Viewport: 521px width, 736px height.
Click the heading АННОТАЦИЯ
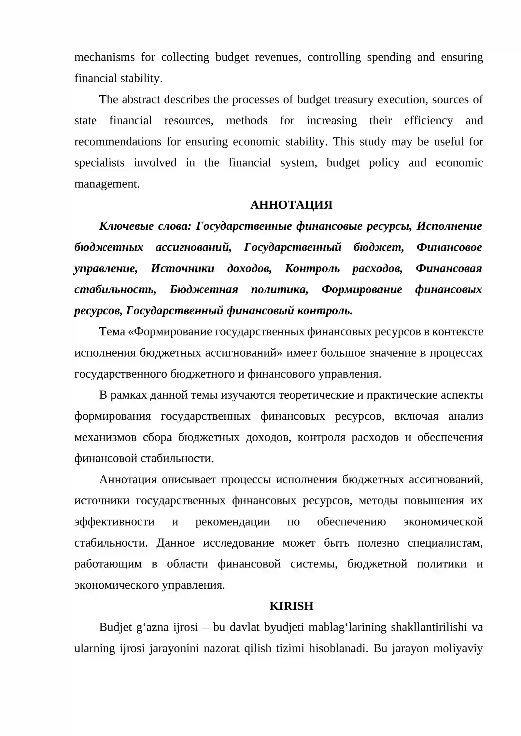[291, 205]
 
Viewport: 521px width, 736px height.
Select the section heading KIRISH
[291, 606]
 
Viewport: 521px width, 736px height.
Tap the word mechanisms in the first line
[104, 57]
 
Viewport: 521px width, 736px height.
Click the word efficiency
[428, 121]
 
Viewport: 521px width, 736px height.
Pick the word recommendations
[118, 142]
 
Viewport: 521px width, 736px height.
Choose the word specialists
[99, 163]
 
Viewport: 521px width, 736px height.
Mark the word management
[107, 184]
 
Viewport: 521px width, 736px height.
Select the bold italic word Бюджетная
[204, 290]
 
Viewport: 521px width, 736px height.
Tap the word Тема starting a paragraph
[112, 332]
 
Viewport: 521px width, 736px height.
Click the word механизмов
[105, 437]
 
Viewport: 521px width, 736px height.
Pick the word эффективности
[114, 522]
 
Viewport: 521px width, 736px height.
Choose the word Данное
[176, 543]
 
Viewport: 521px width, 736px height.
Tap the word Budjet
[115, 627]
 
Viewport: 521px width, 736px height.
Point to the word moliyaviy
[458, 648]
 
